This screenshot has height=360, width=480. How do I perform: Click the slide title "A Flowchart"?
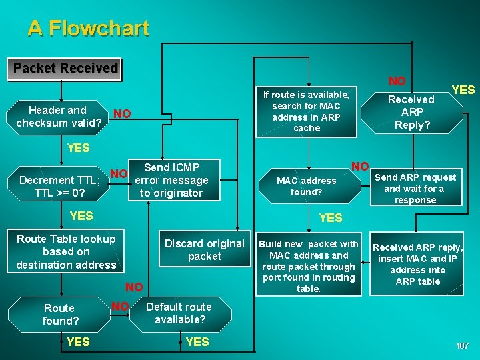[88, 28]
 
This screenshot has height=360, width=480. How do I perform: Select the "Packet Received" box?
[65, 68]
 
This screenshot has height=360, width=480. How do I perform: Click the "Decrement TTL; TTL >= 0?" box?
[60, 186]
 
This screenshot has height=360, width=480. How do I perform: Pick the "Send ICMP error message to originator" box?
[171, 180]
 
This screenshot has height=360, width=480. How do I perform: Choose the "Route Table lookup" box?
[66, 251]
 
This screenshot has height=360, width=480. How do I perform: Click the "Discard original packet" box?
[204, 250]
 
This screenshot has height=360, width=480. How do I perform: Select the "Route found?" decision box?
[60, 315]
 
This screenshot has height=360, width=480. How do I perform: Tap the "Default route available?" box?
[178, 313]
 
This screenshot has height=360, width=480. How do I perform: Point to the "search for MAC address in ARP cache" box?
[307, 111]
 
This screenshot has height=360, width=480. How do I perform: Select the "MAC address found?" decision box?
[307, 186]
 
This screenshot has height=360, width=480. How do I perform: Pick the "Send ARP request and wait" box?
[415, 188]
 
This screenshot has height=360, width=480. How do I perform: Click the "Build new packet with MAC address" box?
[308, 266]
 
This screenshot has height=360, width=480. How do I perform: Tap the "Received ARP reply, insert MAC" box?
[417, 264]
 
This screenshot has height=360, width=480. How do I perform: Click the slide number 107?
[462, 345]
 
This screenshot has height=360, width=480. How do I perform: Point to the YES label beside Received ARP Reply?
[463, 90]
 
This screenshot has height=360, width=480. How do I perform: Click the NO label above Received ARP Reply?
[397, 81]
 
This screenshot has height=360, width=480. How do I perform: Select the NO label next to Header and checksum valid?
[121, 114]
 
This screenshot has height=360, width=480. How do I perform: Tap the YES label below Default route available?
[197, 342]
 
